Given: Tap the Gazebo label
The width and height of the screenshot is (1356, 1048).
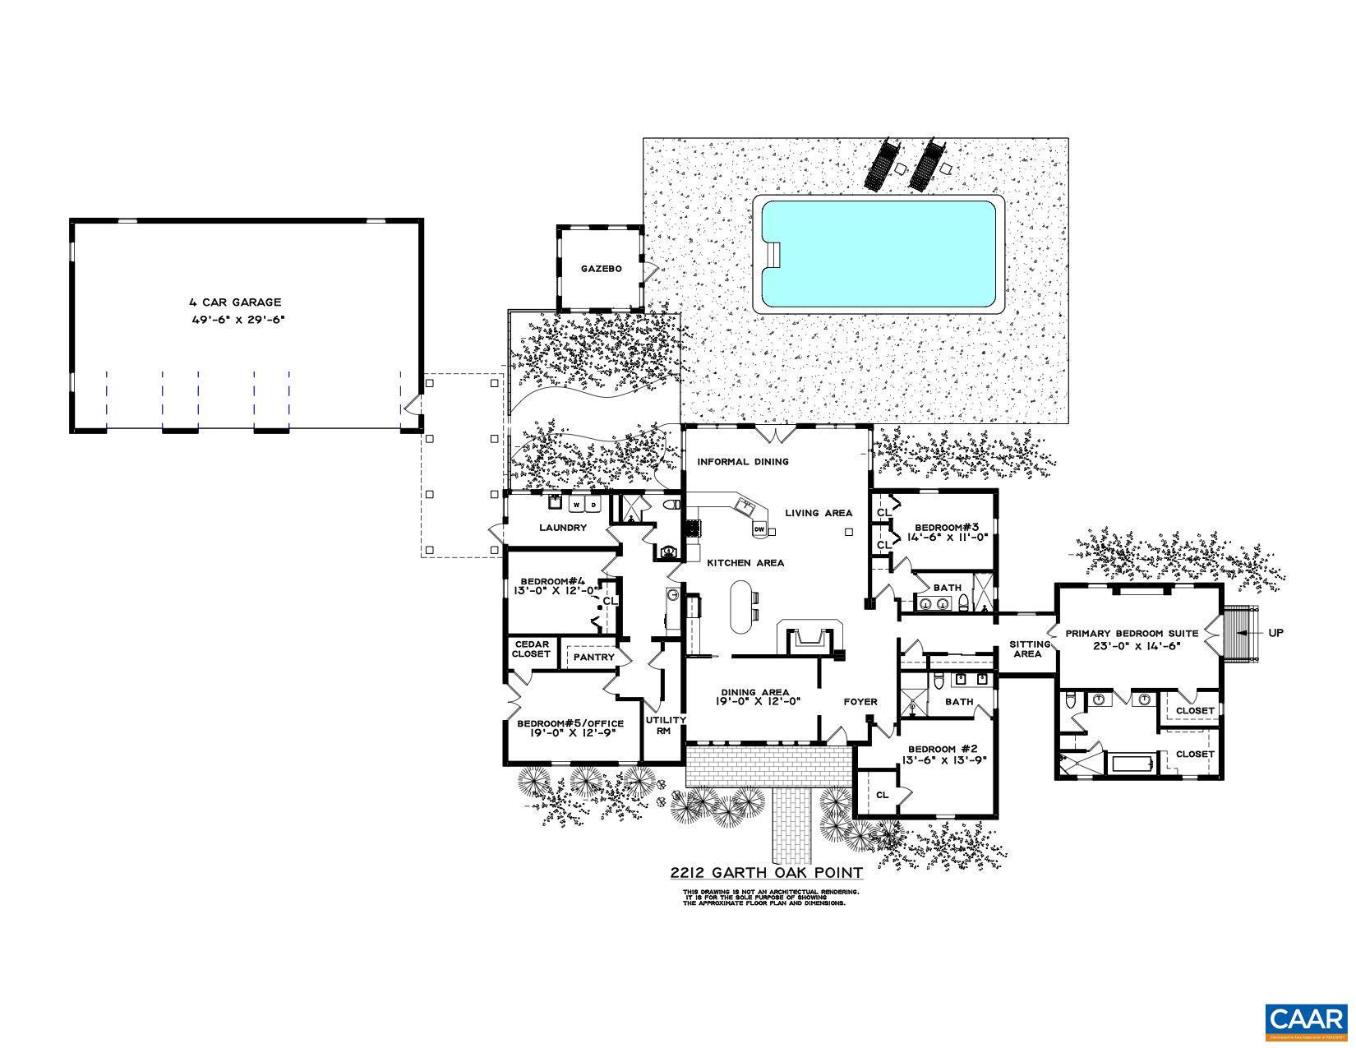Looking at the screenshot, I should (601, 269).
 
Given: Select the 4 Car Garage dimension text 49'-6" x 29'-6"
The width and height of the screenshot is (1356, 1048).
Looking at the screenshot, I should (237, 320).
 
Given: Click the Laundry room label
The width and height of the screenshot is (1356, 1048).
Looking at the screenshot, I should (562, 528).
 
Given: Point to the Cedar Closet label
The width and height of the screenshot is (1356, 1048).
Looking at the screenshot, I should (531, 649).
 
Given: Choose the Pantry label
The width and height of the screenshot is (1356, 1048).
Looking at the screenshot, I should (593, 658).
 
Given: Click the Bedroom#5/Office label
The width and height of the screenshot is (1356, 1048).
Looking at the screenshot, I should (570, 723).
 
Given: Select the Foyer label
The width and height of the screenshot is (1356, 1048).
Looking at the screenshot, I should (860, 702).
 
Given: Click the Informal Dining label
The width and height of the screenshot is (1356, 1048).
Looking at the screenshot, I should (742, 462).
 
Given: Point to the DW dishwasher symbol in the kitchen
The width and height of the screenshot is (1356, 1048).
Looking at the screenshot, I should (759, 529).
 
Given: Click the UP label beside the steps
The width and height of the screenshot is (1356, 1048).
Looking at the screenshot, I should (1275, 633).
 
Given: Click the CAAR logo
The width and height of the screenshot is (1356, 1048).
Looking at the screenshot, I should (1305, 1020).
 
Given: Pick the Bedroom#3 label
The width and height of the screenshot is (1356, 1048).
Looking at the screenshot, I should (947, 527).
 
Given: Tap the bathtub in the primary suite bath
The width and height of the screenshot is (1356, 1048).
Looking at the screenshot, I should (1132, 764).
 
